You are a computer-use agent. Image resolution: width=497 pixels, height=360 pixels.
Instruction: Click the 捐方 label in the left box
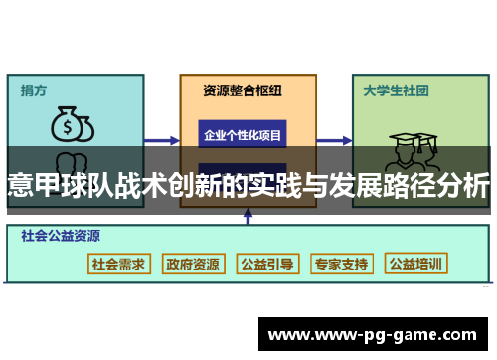pyautogui.click(x=33, y=90)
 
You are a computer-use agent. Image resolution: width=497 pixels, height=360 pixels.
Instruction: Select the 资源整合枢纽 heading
pyautogui.click(x=243, y=90)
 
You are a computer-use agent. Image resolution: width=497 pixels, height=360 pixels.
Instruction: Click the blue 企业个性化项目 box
pyautogui.click(x=243, y=134)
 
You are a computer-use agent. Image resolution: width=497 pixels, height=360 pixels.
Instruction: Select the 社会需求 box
pyautogui.click(x=118, y=264)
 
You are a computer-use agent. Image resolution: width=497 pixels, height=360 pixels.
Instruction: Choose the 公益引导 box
pyautogui.click(x=267, y=264)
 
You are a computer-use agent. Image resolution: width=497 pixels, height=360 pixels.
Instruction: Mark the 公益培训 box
pyautogui.click(x=417, y=264)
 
